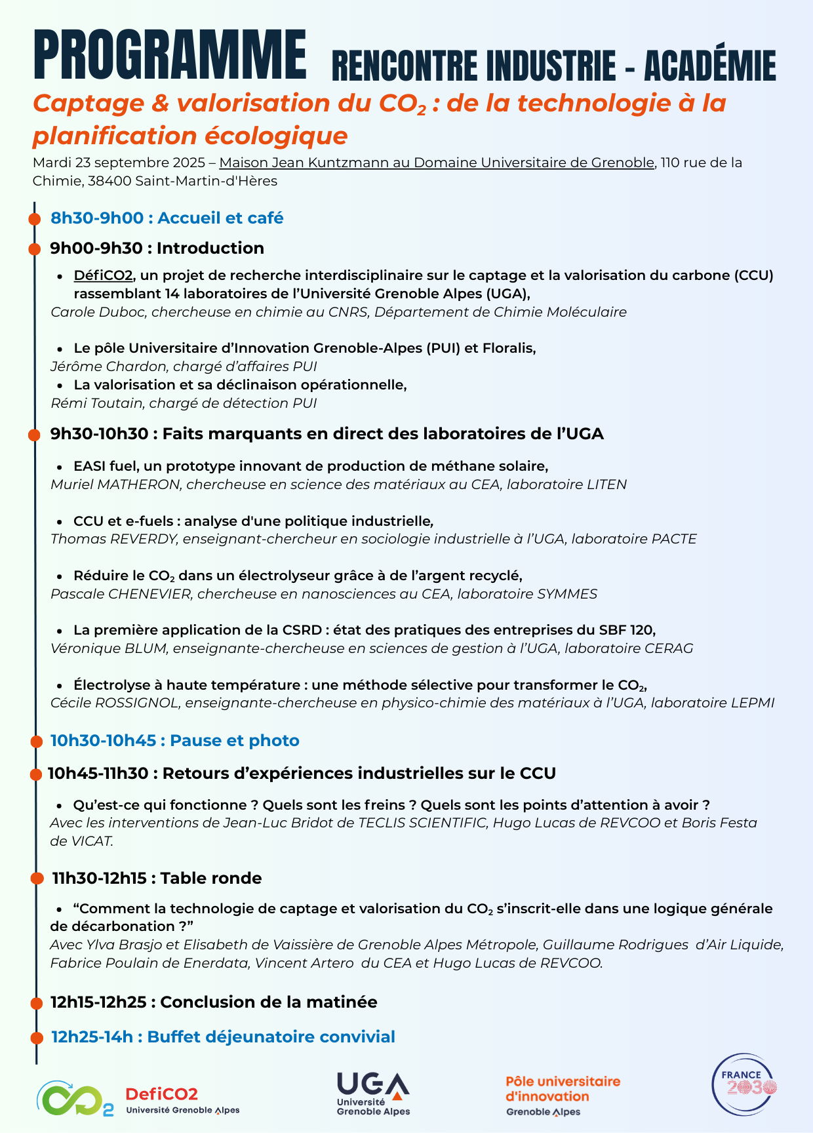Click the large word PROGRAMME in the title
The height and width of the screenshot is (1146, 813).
pyautogui.click(x=170, y=54)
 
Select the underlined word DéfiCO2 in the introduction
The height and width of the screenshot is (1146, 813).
pyautogui.click(x=104, y=275)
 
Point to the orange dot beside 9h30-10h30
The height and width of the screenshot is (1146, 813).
pyautogui.click(x=35, y=435)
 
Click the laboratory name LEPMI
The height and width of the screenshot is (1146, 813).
pyautogui.click(x=752, y=703)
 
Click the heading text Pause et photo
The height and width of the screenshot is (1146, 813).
pyautogui.click(x=234, y=741)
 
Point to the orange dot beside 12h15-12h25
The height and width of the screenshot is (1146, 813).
pyautogui.click(x=37, y=1003)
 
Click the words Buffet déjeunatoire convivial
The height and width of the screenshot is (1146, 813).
pyautogui.click(x=271, y=1037)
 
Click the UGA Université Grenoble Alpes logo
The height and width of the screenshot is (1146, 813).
pyautogui.click(x=373, y=1093)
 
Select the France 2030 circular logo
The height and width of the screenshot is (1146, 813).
pyautogui.click(x=744, y=1085)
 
